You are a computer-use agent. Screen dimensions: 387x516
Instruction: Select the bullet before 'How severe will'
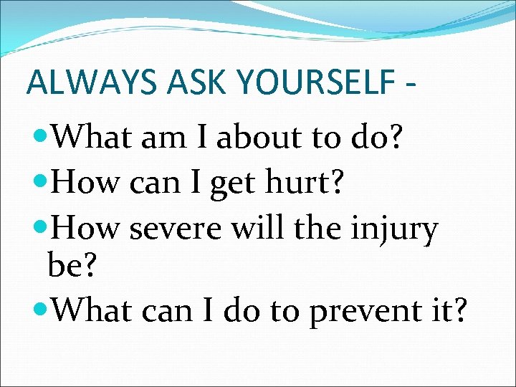coord(42,227)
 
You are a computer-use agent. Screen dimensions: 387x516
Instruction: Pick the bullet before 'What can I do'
coord(42,310)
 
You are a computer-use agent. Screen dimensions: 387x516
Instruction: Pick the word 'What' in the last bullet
coord(92,310)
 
